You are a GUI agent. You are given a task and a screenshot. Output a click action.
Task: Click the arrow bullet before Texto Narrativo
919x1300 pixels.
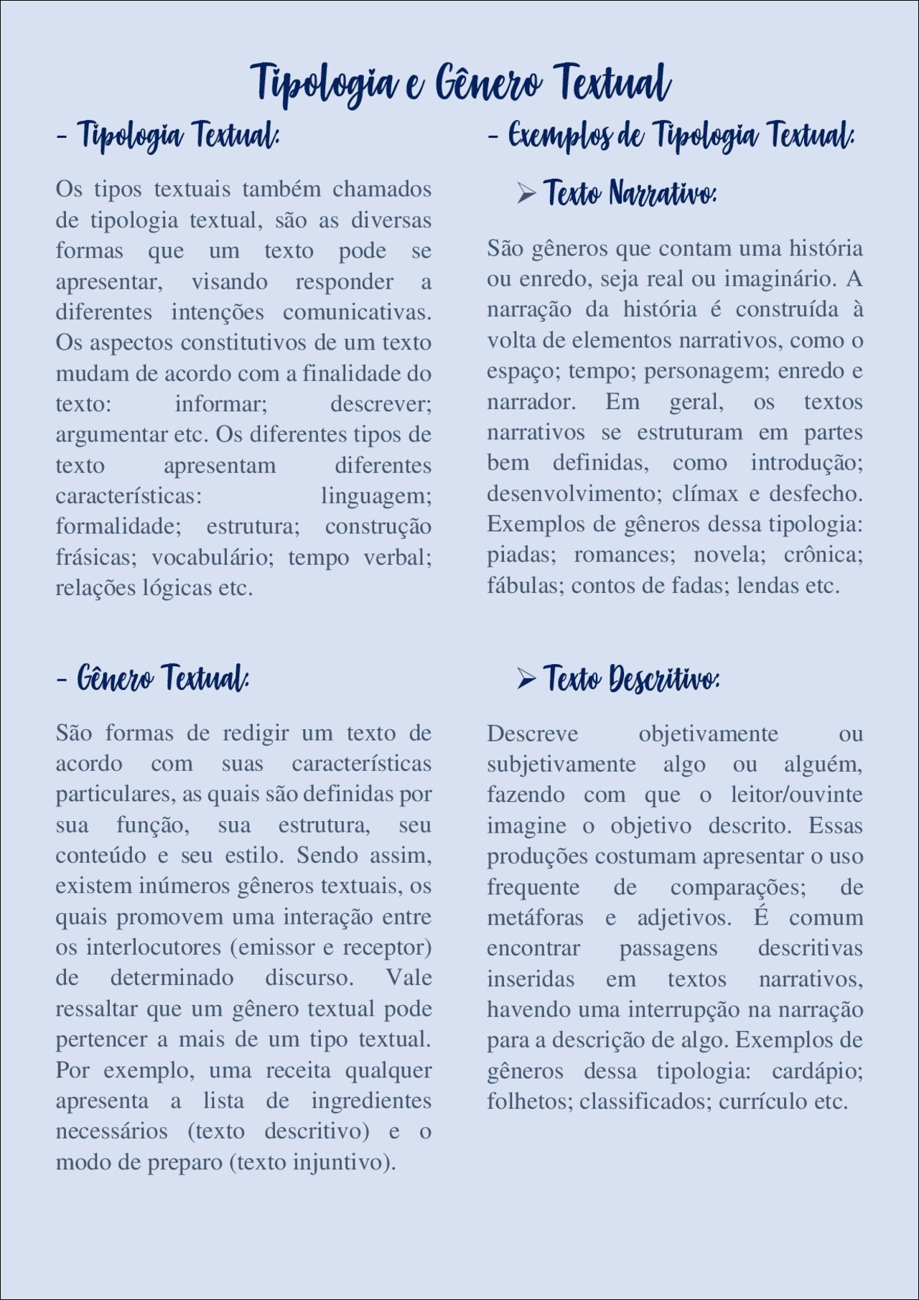click(x=526, y=193)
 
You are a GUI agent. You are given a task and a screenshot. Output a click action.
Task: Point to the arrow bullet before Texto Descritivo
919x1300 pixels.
click(x=526, y=678)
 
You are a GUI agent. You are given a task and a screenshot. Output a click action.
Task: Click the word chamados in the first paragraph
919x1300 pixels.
click(x=382, y=189)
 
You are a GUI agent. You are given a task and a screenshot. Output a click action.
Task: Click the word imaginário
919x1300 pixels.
click(x=780, y=279)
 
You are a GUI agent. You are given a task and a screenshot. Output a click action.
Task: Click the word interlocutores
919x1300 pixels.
click(x=153, y=948)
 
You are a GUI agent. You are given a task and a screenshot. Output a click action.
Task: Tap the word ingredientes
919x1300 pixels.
click(x=371, y=1101)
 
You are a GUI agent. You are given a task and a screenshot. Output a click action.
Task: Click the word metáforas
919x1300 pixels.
click(x=535, y=918)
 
